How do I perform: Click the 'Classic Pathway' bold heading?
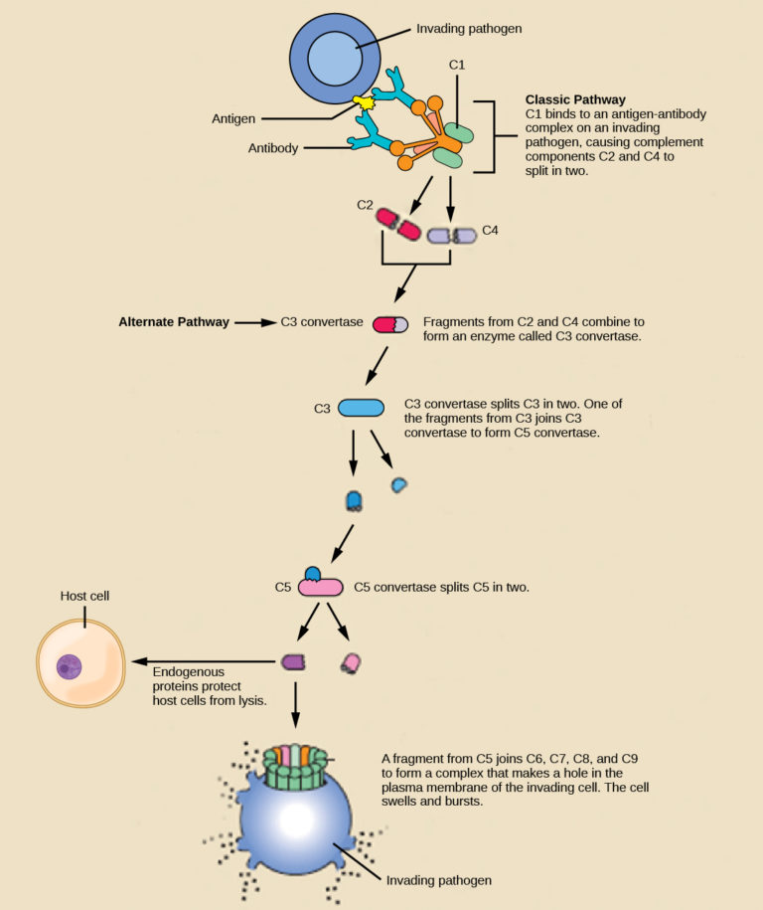coord(575,100)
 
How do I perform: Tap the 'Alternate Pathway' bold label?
coord(174,322)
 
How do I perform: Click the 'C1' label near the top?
coord(457,65)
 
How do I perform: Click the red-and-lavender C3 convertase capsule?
coord(389,324)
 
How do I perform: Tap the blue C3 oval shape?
coord(362,408)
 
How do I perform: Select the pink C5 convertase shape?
coord(320,587)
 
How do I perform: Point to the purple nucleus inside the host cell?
coord(69,666)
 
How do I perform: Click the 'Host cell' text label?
coord(84,597)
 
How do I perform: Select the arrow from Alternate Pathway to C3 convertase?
coord(255,322)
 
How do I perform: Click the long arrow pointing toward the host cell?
coord(204,660)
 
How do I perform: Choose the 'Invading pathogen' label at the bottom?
coord(438,880)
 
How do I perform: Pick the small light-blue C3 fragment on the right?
coord(399,484)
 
